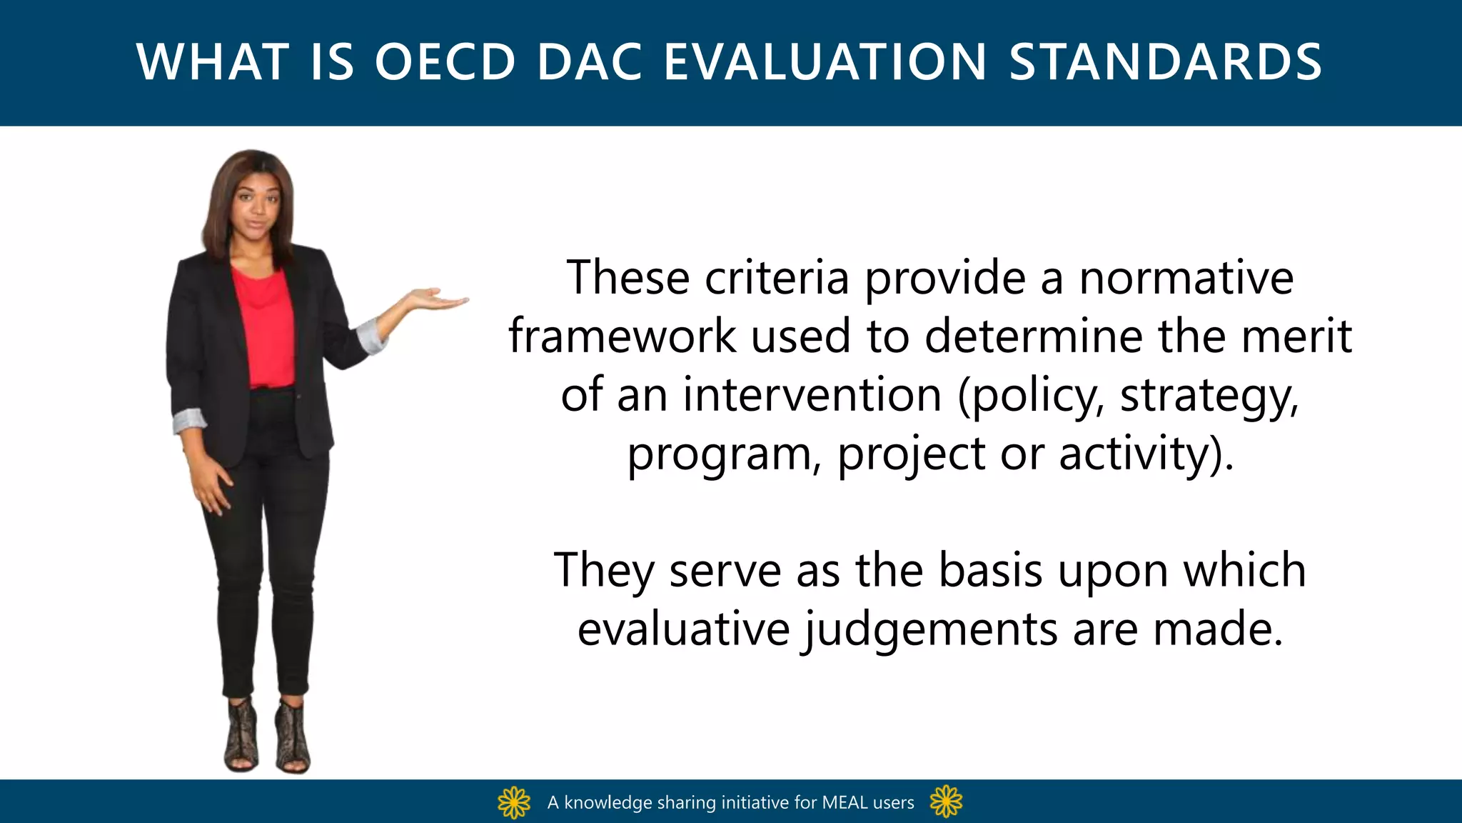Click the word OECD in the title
445,62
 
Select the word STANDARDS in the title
1165,62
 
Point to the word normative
1186,278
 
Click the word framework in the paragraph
622,336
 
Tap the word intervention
812,395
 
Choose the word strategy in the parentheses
1209,396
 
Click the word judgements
930,631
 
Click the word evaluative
683,629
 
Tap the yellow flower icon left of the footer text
514,802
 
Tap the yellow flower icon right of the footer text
947,802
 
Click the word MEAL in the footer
845,802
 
